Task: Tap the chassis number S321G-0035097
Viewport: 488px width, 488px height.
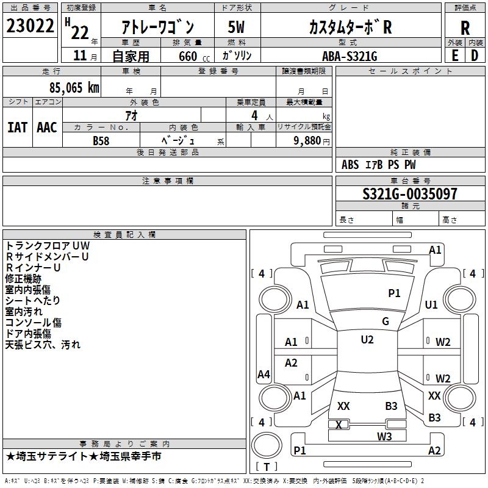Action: tap(409, 195)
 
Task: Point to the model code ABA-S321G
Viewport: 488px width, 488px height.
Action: tap(350, 56)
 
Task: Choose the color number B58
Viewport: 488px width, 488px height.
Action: tap(101, 140)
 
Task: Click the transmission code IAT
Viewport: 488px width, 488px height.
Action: tap(17, 127)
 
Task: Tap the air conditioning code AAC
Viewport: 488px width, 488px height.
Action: tap(46, 127)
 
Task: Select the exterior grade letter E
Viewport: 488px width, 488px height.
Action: tap(454, 56)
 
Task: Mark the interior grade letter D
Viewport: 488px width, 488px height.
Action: tap(475, 56)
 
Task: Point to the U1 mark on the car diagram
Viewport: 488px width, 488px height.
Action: tap(431, 305)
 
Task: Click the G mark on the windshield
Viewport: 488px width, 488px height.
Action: tap(386, 321)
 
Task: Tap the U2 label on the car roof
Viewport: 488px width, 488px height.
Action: tap(367, 340)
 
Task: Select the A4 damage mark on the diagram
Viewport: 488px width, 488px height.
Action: tap(264, 375)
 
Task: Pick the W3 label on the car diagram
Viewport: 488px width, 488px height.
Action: tap(384, 436)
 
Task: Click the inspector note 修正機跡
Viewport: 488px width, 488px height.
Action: tap(23, 279)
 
